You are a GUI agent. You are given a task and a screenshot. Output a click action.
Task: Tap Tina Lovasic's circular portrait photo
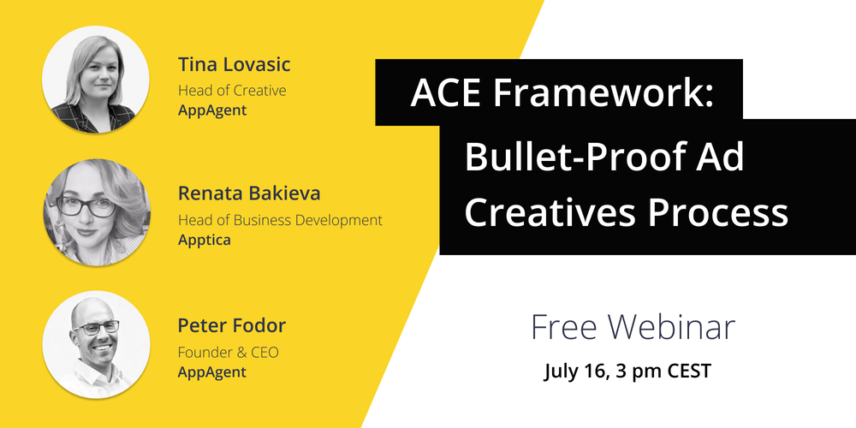96,80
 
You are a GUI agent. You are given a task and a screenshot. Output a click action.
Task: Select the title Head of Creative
232,90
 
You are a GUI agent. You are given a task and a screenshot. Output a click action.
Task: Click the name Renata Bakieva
248,193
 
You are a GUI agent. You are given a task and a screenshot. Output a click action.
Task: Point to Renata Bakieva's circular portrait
96,211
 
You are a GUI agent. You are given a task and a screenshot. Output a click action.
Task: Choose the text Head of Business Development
280,220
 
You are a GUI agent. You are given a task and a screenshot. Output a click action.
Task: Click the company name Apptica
204,240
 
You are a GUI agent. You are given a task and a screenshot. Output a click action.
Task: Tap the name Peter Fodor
231,326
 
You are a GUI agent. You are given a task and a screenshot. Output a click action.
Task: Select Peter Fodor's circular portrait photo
96,343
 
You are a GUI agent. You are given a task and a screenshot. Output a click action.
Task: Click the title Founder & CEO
229,352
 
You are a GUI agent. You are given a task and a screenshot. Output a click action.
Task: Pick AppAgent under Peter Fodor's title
211,372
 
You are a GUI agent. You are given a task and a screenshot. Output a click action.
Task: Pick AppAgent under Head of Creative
211,110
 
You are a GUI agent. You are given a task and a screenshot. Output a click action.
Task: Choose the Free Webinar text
633,327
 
